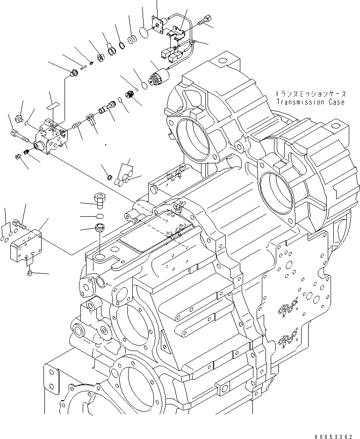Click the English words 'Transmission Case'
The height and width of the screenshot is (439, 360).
point(310,102)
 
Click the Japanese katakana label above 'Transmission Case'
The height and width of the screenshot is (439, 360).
point(310,94)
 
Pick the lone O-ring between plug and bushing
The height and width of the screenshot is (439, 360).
point(100,216)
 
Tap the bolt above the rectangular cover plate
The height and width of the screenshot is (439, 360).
point(18,224)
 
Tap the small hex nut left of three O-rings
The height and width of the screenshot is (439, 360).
point(110,176)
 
